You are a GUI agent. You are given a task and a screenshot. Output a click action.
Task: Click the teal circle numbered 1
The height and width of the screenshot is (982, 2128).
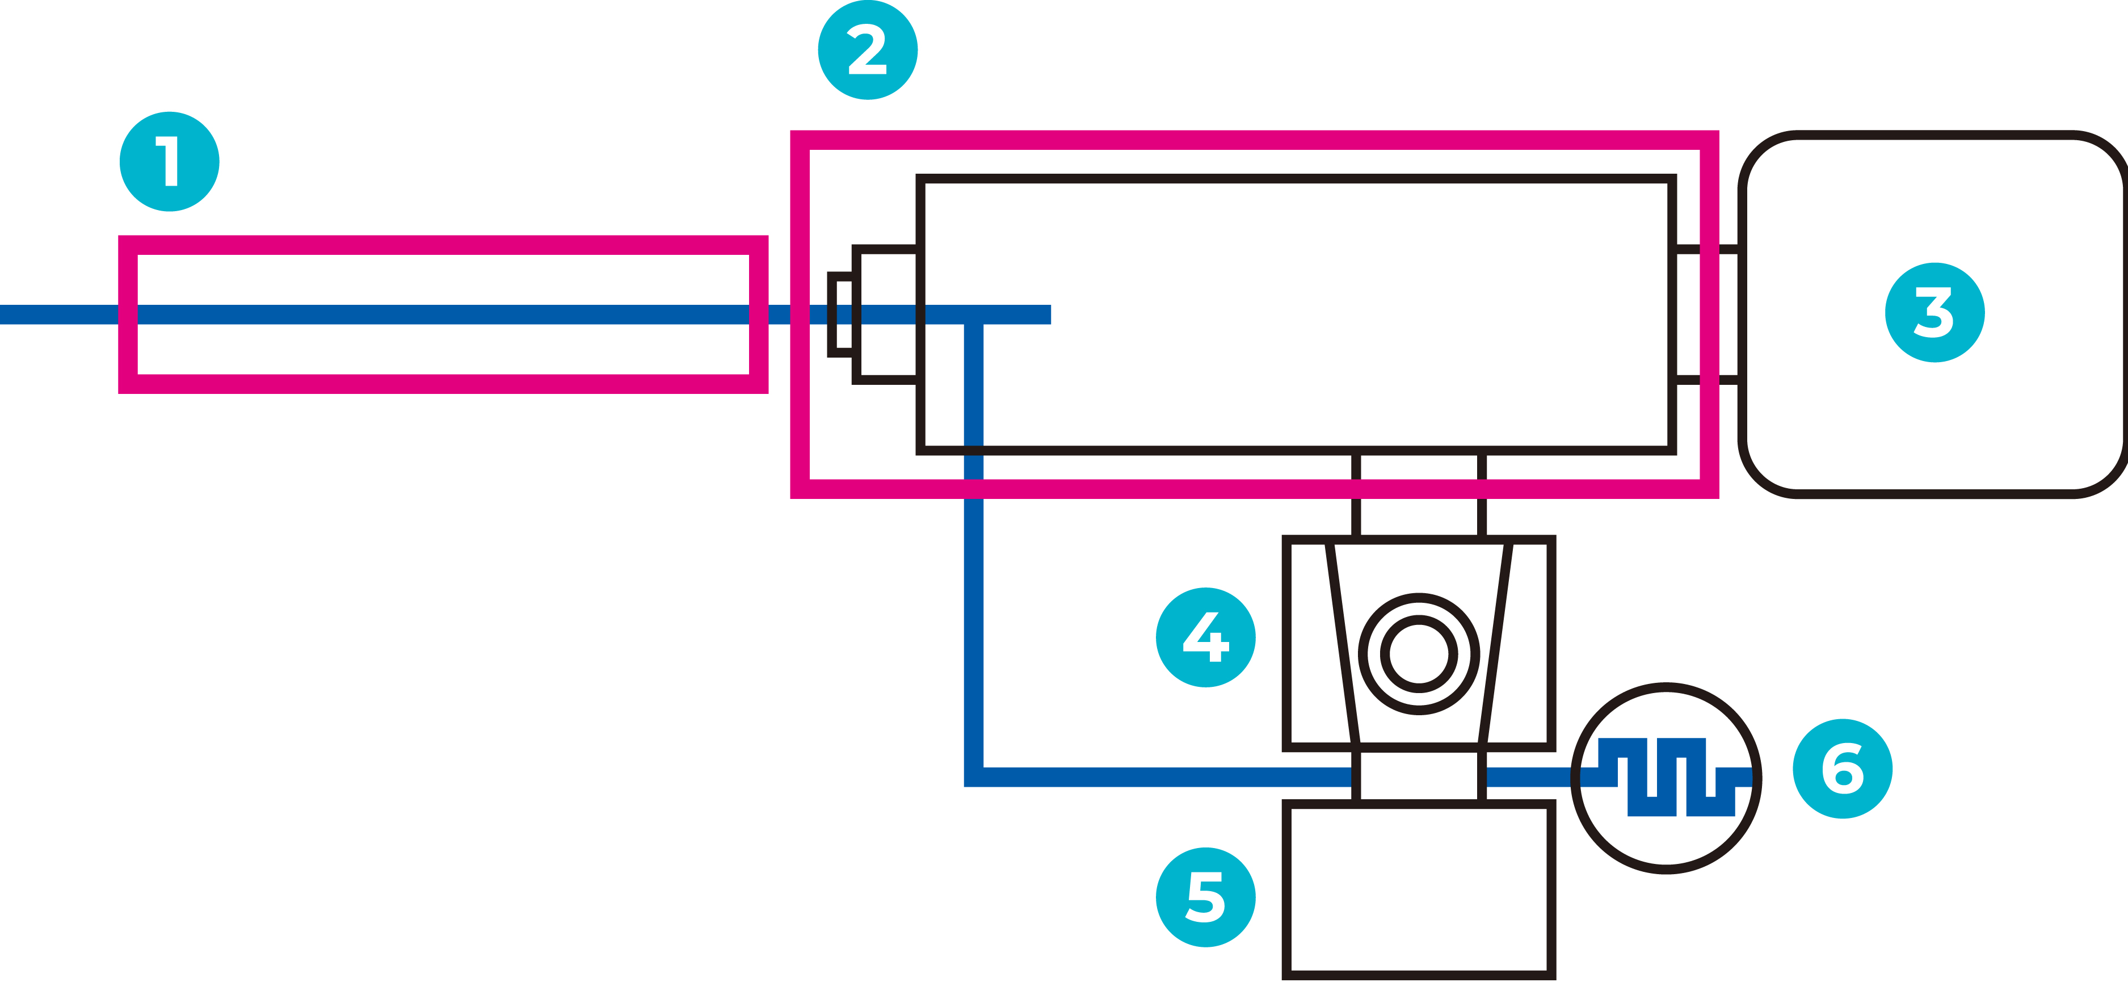coord(169,161)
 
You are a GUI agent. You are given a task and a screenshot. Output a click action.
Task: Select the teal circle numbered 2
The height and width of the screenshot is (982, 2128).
coord(868,49)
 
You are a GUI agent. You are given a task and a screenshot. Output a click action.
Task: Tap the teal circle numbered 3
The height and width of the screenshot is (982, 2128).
coord(1934,312)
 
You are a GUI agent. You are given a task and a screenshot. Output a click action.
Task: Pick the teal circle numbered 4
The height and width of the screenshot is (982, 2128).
coord(1205,637)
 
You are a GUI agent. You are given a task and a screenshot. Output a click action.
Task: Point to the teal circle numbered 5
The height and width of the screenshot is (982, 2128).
coord(1205,897)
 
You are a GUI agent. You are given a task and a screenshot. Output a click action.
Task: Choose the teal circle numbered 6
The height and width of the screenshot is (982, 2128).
coord(1842,769)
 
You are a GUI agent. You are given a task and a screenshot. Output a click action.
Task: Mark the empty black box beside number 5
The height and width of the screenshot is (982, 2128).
coord(1419,890)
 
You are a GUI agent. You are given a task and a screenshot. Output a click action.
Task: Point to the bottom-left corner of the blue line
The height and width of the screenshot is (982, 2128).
coord(974,777)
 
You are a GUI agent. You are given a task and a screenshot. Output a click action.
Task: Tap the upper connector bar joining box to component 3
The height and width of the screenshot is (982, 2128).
coord(1708,248)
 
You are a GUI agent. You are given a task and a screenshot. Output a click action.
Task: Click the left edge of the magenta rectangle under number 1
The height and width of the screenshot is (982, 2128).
coord(128,314)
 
